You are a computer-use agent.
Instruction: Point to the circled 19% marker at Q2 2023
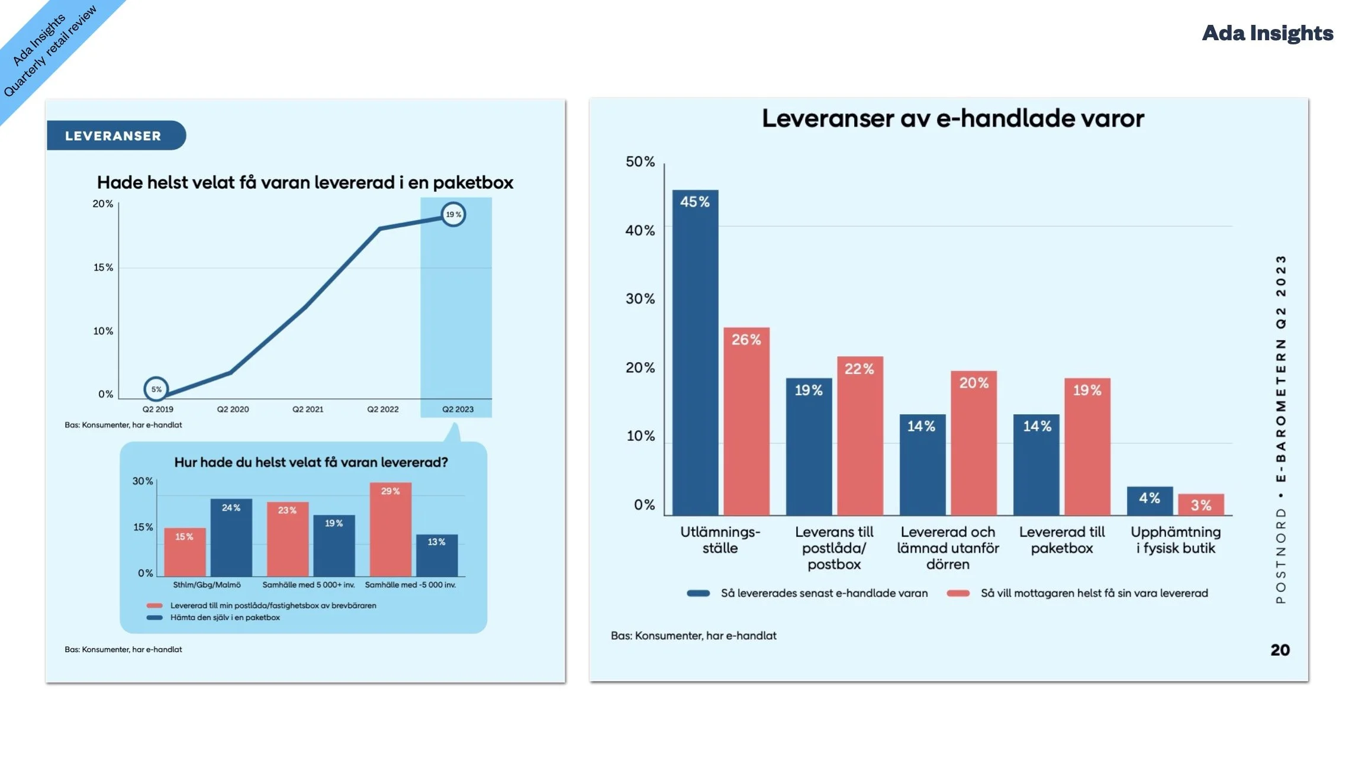coord(453,214)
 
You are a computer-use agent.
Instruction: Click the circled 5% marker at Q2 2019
coord(156,389)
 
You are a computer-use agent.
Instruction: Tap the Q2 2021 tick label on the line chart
coord(308,409)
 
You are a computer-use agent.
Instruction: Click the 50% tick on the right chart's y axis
coord(640,162)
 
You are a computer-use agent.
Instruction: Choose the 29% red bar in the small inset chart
coord(390,529)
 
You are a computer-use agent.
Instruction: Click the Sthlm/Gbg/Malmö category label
coord(207,585)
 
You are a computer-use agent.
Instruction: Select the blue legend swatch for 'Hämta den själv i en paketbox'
coord(154,617)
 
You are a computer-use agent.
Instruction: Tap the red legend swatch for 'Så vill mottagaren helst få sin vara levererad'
coord(958,594)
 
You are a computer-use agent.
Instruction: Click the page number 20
coord(1280,650)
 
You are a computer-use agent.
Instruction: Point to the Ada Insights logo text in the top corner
coord(1267,33)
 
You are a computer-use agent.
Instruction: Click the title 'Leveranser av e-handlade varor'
coord(952,118)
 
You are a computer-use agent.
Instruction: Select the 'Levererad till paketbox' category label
coord(1061,540)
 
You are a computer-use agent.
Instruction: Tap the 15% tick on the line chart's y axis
coord(103,267)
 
